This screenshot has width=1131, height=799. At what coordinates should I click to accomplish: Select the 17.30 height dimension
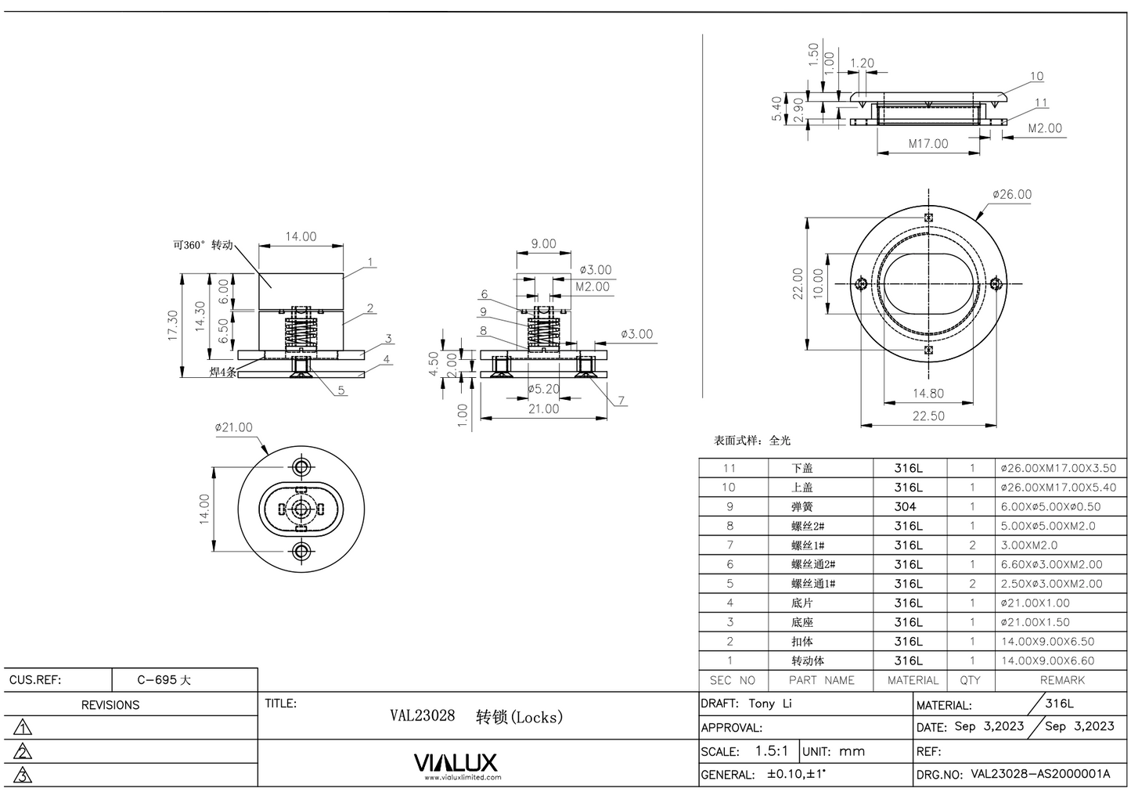173,326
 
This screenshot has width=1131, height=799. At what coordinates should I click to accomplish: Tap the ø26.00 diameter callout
1012,194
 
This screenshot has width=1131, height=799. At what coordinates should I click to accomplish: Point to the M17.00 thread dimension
927,144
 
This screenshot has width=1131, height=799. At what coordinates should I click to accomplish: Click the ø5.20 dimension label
542,389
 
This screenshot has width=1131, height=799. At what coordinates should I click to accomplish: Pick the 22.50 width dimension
927,416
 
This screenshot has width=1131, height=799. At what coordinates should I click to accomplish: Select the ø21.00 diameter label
234,427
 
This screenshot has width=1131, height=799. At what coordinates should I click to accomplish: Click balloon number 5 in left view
341,391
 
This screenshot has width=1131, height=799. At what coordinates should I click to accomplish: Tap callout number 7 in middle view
621,401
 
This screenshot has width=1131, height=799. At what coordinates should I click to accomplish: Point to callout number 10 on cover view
1036,77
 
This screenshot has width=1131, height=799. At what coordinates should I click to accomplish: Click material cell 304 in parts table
905,506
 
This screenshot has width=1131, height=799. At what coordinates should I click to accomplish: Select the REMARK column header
1061,680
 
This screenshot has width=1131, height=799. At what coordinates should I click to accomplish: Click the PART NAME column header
821,680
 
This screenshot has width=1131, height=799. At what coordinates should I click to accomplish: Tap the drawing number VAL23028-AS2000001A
1040,774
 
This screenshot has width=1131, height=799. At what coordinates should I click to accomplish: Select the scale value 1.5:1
772,750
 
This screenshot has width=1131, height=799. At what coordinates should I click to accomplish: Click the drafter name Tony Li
770,704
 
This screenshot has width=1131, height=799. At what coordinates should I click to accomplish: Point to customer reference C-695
164,680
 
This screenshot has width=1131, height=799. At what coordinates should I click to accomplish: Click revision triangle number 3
23,776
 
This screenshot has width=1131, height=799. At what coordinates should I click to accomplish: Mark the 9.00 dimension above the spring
543,244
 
